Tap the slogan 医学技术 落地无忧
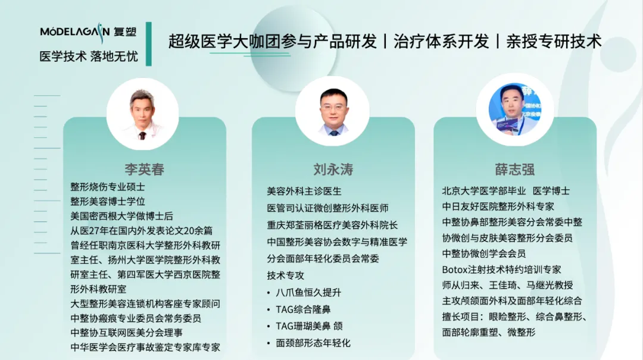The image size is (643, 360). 89,56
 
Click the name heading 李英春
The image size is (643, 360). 144,170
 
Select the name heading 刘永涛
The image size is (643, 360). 333,170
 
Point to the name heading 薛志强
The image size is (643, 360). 514,170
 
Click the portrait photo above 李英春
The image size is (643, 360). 142,114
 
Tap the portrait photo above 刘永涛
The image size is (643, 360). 332,111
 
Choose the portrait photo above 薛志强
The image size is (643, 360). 514,109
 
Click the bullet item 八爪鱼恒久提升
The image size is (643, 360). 308,292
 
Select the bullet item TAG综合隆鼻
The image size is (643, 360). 303,309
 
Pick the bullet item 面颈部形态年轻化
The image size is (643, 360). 313,343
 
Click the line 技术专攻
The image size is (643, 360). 285,276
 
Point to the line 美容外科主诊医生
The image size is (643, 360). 304,191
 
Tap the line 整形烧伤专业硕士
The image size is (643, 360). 107,187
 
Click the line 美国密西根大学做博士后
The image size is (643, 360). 122,216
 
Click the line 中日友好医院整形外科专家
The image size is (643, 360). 498,206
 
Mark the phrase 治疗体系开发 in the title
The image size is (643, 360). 441,42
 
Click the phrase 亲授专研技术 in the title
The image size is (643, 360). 554,42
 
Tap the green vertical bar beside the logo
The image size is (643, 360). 148,44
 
